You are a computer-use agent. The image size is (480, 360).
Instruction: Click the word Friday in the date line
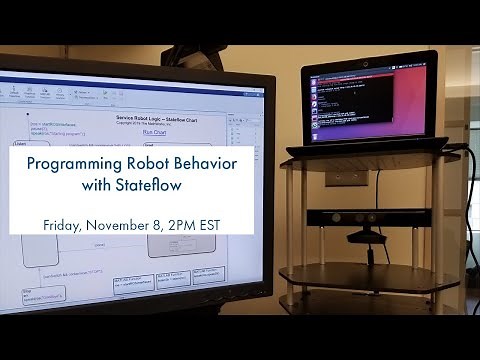click(x=65, y=222)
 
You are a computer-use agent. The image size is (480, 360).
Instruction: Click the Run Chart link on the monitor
click(x=155, y=131)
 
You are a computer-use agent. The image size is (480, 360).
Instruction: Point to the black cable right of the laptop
click(x=471, y=200)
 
